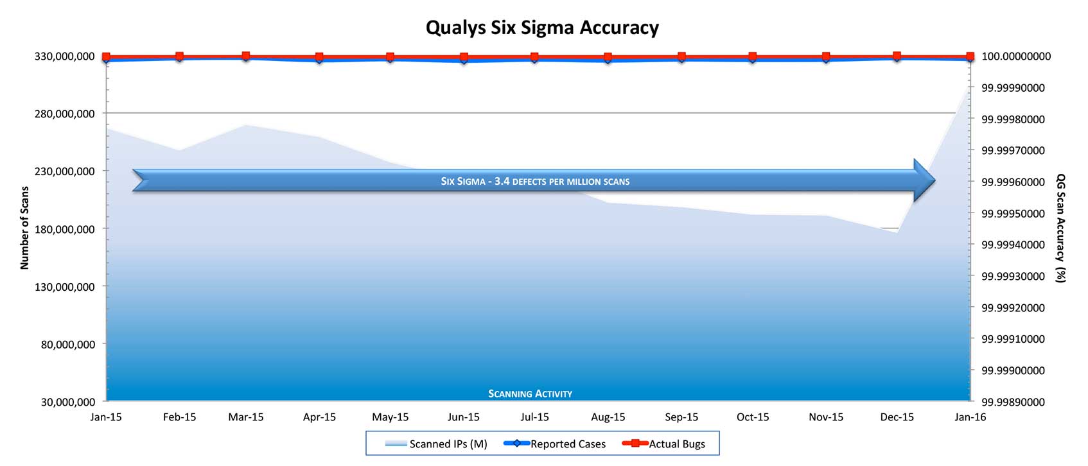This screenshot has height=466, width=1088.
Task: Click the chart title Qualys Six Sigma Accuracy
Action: (x=542, y=28)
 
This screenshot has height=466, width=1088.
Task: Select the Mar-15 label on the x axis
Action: (x=246, y=417)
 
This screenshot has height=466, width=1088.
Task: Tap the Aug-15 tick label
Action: (x=608, y=417)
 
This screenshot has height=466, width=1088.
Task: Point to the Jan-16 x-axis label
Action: (x=970, y=417)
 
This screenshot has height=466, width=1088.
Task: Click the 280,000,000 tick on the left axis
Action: (x=64, y=114)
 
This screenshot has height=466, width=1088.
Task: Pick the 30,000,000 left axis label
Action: (x=68, y=402)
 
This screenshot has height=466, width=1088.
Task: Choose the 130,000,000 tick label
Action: (x=64, y=287)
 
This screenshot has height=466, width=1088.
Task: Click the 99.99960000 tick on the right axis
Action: (x=1013, y=182)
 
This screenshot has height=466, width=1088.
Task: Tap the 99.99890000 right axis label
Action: (x=1013, y=402)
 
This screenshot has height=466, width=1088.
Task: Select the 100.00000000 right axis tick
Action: (x=1016, y=56)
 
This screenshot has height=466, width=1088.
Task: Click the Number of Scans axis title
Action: (x=25, y=228)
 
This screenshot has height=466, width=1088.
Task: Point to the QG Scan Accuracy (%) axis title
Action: (x=1060, y=228)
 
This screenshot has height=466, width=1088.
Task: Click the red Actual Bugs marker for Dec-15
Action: (x=897, y=56)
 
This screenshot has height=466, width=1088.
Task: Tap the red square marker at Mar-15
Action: (x=245, y=56)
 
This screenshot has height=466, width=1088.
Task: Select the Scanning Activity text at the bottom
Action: (x=530, y=393)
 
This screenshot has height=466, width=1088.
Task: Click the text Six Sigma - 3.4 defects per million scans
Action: (x=535, y=182)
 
